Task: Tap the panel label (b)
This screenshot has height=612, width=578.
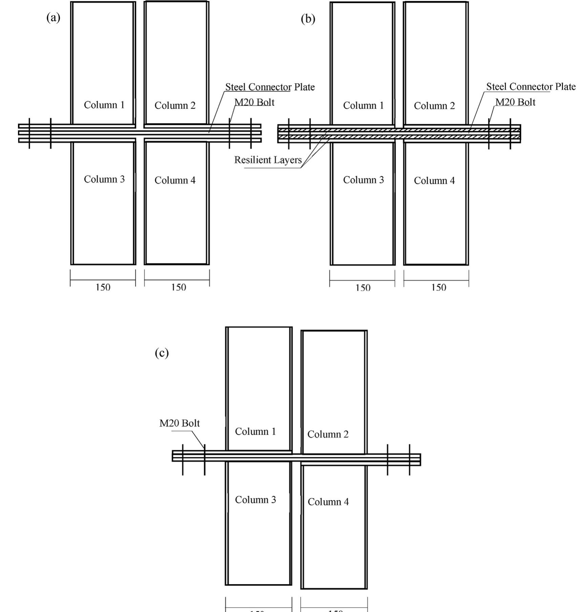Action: coord(308,19)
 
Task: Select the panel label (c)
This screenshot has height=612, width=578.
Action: coord(162,353)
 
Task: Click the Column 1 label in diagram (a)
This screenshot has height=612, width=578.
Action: coord(104,105)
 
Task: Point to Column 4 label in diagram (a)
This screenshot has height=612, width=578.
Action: coord(175,180)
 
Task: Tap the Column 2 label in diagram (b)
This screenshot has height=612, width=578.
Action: coord(434,106)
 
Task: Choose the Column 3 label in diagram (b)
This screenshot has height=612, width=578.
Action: coord(363,180)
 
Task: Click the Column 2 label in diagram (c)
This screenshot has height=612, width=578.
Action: coord(328,434)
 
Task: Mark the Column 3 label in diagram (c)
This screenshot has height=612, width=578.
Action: coord(255,500)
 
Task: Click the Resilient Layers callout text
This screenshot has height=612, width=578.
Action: coord(268,160)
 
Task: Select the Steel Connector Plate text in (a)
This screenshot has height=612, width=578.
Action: coord(270,87)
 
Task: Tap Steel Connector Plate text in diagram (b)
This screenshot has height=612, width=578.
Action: coord(531,87)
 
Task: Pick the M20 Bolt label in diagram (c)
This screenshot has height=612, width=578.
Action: coord(179,423)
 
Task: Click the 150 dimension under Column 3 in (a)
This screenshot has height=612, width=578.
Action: coord(103,287)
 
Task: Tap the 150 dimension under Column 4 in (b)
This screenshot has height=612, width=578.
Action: coord(439,288)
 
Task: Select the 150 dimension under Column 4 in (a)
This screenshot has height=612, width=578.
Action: coord(178,287)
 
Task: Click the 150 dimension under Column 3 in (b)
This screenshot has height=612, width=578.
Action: coord(363,288)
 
